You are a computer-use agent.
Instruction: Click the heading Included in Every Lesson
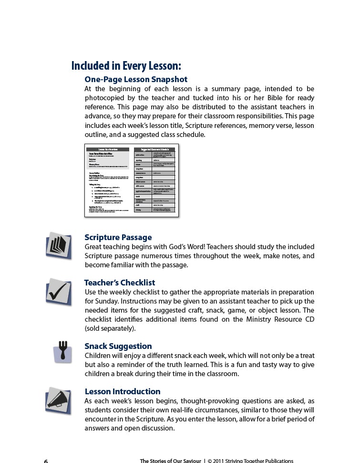(126, 65)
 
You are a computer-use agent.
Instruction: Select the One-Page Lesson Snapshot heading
(136, 79)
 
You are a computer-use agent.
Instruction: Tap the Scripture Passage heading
(118, 237)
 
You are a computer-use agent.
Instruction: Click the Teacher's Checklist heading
(120, 283)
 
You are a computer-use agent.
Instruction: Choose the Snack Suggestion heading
(118, 346)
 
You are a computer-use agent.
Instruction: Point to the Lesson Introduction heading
(123, 391)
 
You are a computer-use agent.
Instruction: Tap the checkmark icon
(59, 291)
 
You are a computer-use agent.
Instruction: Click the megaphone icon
(59, 400)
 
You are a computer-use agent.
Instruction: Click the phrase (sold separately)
(110, 328)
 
